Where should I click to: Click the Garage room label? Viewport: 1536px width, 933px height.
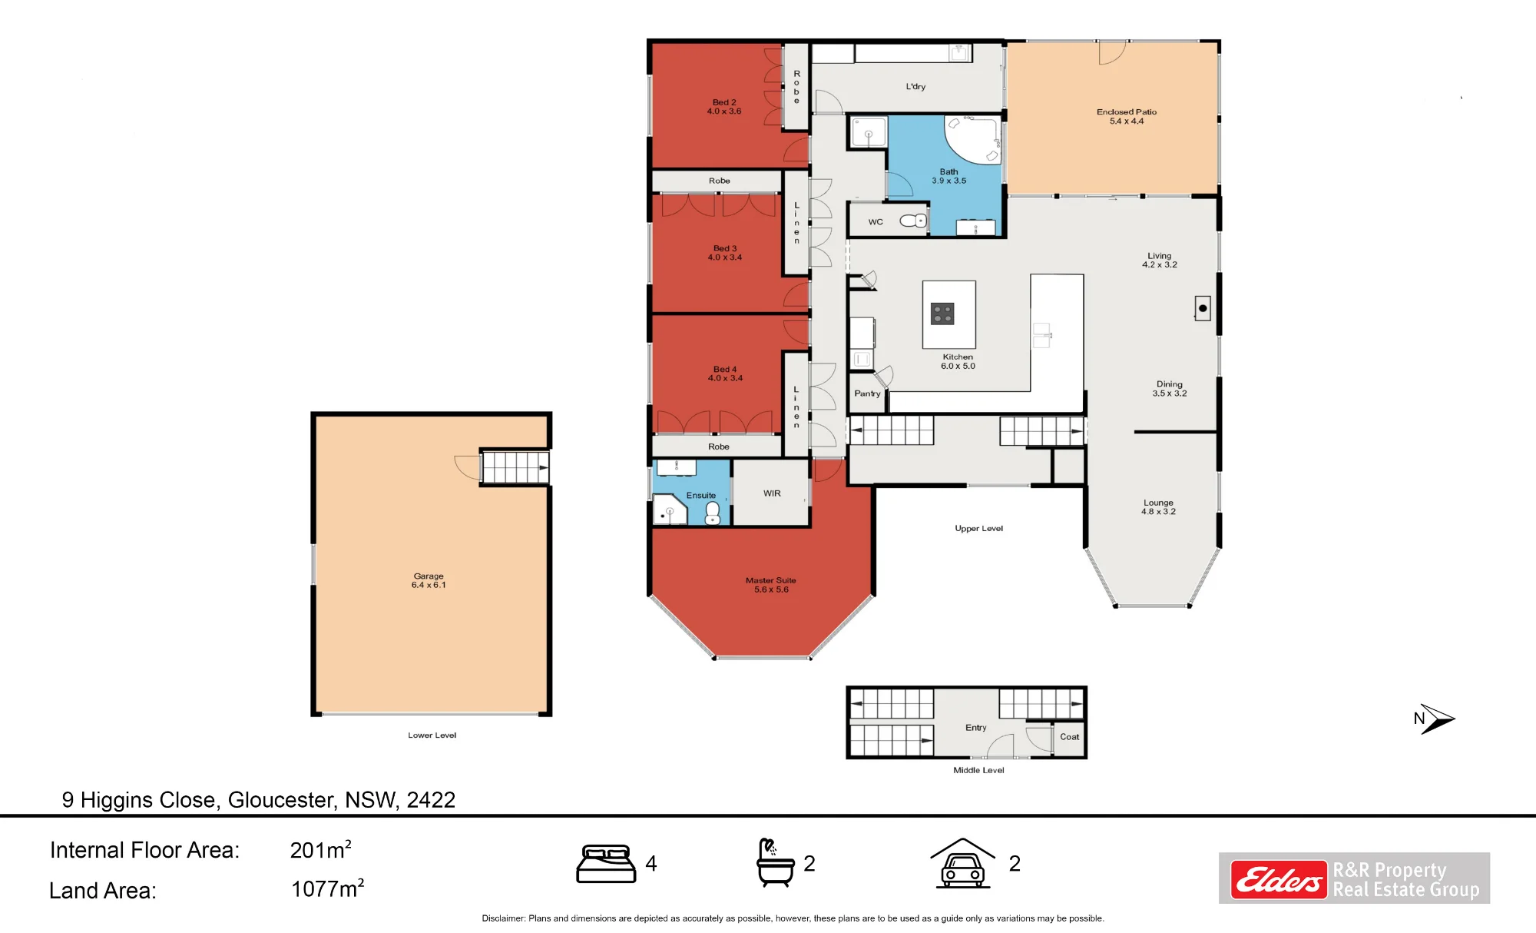[429, 580]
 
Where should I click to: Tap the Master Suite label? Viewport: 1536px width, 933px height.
[771, 585]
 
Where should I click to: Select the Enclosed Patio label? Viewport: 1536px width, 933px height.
[1127, 116]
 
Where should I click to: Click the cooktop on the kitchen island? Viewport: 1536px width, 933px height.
[942, 314]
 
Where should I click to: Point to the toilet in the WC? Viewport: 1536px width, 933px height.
[913, 221]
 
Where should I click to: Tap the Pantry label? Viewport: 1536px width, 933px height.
[867, 393]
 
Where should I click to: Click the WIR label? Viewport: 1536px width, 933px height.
[772, 493]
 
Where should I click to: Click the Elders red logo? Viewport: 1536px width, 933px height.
[1279, 879]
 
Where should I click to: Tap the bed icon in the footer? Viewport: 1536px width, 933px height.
[606, 864]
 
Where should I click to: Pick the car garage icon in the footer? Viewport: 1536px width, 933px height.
[963, 863]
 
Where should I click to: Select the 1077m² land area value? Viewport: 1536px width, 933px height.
[327, 888]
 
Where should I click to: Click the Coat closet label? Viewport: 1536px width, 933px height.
[1069, 737]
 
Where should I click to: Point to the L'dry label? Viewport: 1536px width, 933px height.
[915, 87]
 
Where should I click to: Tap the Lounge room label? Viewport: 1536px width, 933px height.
[1158, 507]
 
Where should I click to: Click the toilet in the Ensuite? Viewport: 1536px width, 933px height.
[713, 513]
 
